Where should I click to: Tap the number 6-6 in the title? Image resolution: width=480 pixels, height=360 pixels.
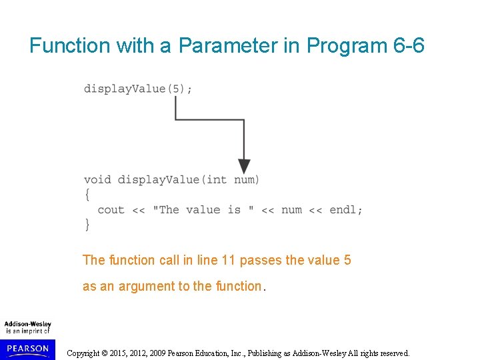pos(405,45)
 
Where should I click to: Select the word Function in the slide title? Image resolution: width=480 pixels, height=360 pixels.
pos(69,45)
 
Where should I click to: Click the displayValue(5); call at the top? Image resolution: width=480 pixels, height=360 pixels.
pos(138,89)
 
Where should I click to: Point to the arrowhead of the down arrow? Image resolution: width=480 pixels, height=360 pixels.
pos(244,167)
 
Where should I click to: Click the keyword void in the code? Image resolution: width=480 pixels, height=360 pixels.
pos(97,179)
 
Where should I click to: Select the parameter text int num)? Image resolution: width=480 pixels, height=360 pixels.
pos(233,179)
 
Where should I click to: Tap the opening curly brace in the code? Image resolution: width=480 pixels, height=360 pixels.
pos(87,195)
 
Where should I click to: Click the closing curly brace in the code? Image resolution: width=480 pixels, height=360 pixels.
pos(87,225)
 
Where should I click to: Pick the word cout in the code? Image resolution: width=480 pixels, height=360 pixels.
pos(111,210)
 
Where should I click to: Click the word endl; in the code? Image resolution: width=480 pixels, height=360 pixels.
pos(346,210)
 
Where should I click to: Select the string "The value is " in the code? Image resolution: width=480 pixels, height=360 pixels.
pos(203,210)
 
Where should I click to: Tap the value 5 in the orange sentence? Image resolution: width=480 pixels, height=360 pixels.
pos(347,260)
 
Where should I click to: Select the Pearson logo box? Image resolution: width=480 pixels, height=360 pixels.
pos(27,349)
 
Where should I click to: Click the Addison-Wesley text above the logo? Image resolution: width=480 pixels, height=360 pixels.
pos(27,325)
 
